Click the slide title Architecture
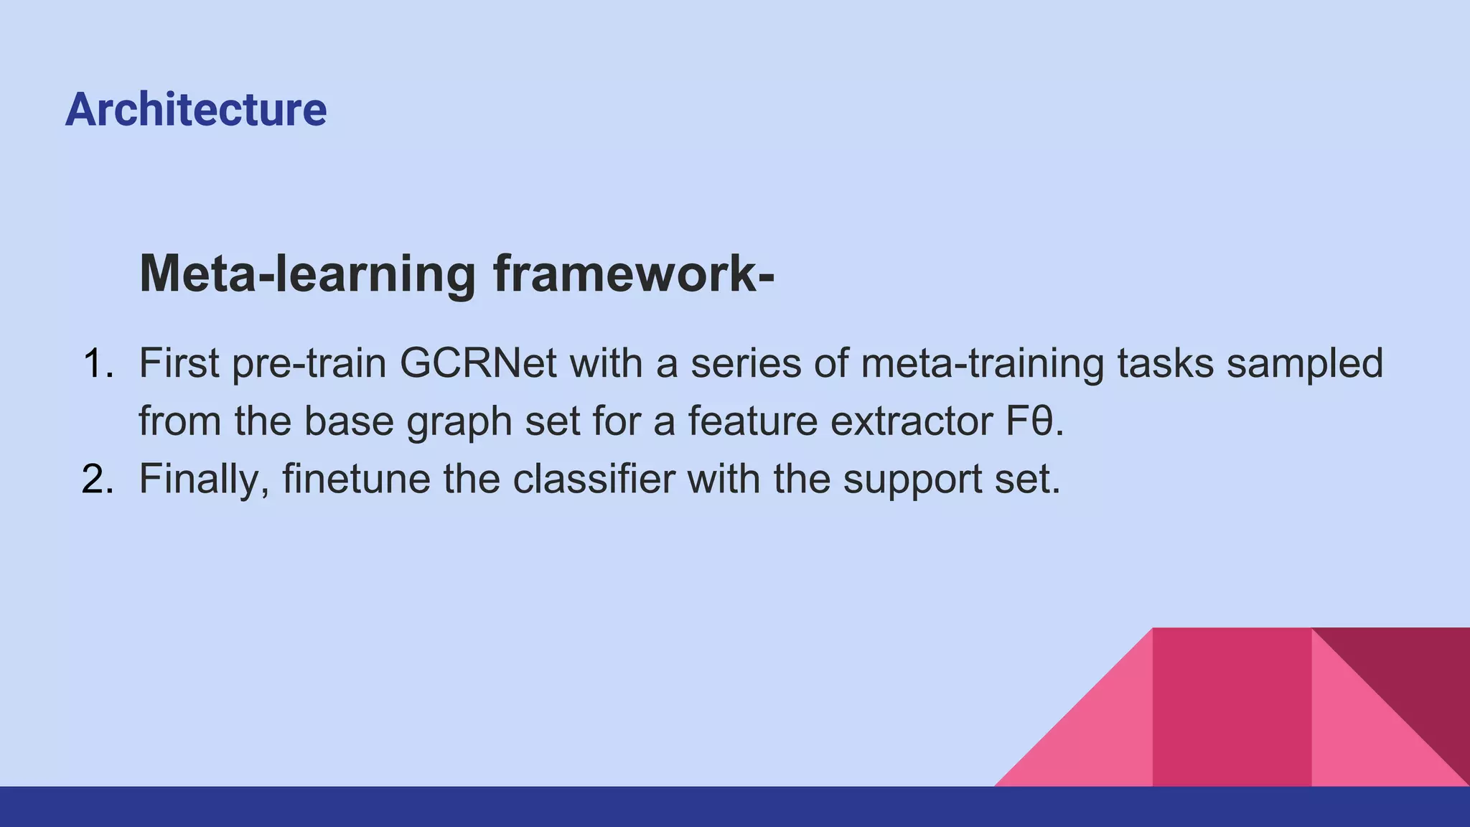coord(196,110)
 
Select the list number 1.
coord(98,363)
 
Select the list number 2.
coord(98,479)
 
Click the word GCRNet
coord(478,363)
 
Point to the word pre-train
coord(309,365)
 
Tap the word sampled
coord(1304,365)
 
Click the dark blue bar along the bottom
coord(735,807)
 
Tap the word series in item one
coord(746,363)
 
